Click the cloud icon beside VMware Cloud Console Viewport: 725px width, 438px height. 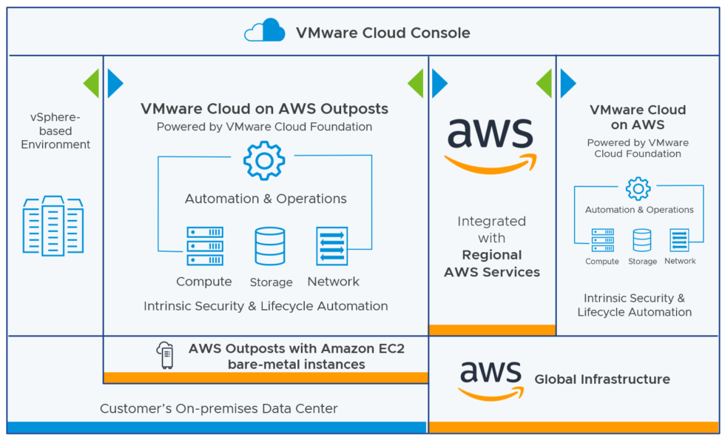click(265, 31)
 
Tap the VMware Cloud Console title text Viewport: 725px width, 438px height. click(382, 33)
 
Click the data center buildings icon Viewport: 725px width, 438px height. click(53, 225)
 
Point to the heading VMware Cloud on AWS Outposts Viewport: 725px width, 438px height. click(264, 109)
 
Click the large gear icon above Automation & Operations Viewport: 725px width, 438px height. click(264, 160)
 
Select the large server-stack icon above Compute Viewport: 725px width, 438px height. click(205, 246)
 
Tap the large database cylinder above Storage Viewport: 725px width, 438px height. click(270, 246)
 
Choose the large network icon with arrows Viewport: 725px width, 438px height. click(332, 246)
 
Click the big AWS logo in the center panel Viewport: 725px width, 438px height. click(491, 143)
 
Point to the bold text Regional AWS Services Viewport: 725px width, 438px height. click(492, 263)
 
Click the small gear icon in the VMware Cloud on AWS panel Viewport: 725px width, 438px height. click(638, 189)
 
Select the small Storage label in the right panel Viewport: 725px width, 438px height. click(642, 262)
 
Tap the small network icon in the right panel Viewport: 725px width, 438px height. click(679, 240)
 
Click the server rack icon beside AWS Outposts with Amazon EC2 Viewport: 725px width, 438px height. click(165, 356)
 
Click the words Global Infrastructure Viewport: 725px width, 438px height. click(602, 379)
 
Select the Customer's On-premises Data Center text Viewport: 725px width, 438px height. click(218, 408)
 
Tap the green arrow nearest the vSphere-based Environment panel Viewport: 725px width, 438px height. click(90, 83)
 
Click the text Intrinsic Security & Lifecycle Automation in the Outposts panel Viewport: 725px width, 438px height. click(266, 306)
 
